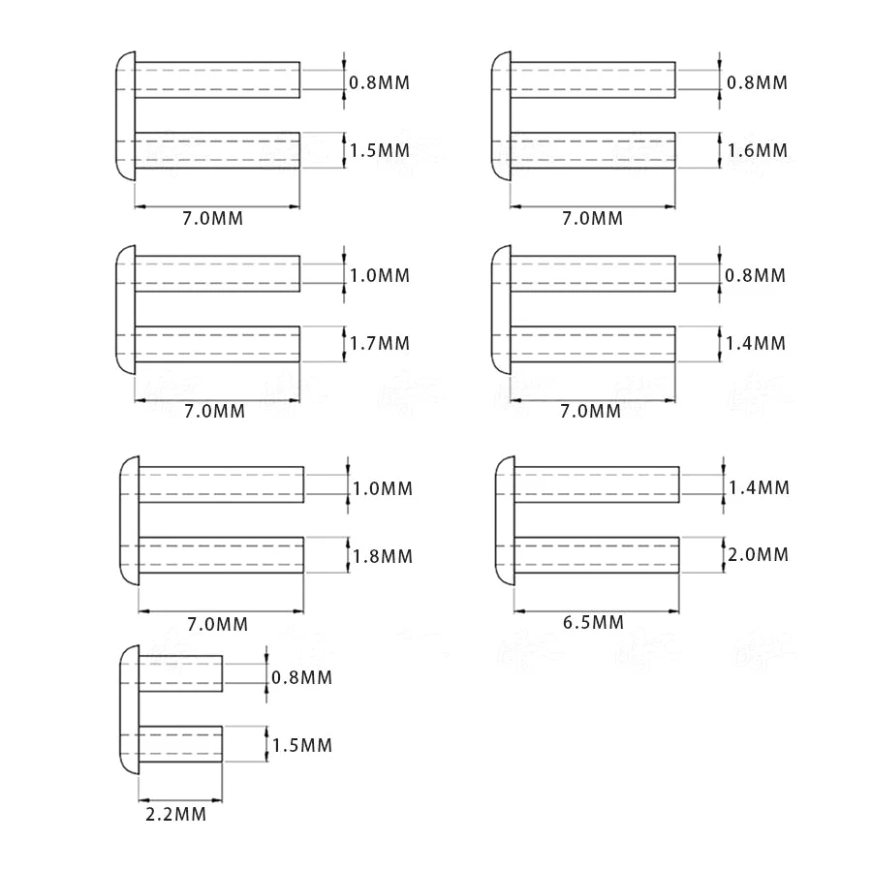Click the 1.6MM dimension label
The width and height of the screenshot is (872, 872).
pyautogui.click(x=757, y=151)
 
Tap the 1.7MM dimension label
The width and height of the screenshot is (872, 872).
pyautogui.click(x=380, y=343)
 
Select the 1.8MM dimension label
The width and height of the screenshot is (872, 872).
pyautogui.click(x=383, y=556)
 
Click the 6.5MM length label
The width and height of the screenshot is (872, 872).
pyautogui.click(x=593, y=623)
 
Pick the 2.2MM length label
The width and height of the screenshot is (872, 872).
pyautogui.click(x=175, y=815)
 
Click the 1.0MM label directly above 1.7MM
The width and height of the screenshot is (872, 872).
pyautogui.click(x=380, y=275)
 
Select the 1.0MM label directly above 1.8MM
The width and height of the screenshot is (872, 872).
pyautogui.click(x=383, y=488)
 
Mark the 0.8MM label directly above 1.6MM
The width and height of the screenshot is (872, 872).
pyautogui.click(x=757, y=82)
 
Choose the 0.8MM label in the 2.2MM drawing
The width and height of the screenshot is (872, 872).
pyautogui.click(x=301, y=677)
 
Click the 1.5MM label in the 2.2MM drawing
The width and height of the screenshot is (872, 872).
pyautogui.click(x=301, y=745)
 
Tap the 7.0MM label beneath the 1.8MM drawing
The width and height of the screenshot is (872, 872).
pyautogui.click(x=216, y=623)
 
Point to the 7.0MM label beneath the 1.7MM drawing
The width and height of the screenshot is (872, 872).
pyautogui.click(x=214, y=411)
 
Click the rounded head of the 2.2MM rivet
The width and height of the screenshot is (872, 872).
pyautogui.click(x=129, y=710)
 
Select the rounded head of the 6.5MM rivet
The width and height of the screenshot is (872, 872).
pyautogui.click(x=504, y=521)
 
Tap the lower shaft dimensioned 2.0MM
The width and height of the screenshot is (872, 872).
pyautogui.click(x=596, y=554)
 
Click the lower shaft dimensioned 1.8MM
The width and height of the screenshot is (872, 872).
pyautogui.click(x=222, y=556)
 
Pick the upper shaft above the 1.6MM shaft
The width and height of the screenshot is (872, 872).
pyautogui.click(x=592, y=81)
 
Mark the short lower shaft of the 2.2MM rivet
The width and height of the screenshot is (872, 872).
pyautogui.click(x=180, y=745)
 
